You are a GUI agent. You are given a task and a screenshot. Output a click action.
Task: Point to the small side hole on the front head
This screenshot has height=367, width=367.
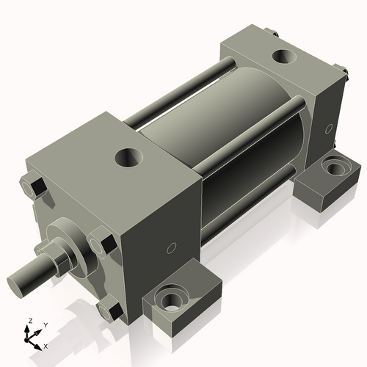pos(173,247)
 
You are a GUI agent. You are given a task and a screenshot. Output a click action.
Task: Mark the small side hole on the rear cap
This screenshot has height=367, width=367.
pos(327,129)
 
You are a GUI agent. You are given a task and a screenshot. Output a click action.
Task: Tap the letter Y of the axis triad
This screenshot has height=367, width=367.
pos(45,324)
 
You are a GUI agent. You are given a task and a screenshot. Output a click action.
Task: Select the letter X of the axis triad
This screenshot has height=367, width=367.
pos(46,345)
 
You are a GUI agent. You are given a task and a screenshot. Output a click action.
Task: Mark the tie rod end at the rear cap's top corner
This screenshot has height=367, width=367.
pos(273,32)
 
